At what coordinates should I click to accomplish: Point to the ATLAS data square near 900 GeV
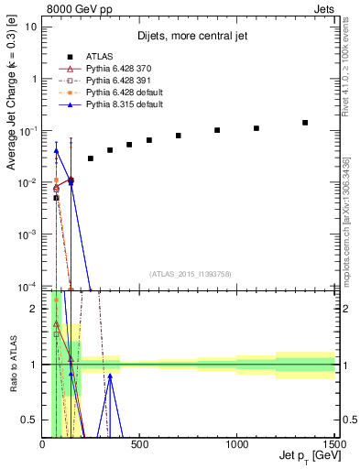pos(217,130)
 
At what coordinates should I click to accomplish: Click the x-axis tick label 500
pos(139,444)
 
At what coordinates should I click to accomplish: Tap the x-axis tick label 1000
pos(236,444)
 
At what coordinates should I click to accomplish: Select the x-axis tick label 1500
pos(333,444)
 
